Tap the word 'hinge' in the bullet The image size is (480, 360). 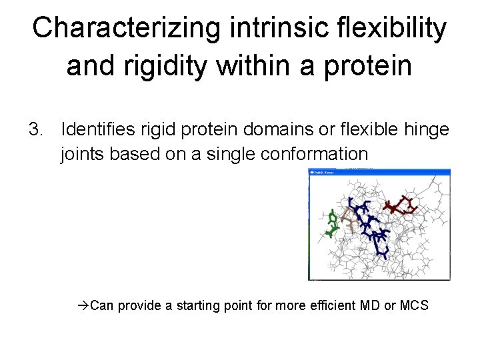click(x=427, y=128)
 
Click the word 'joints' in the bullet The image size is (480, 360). click(x=81, y=154)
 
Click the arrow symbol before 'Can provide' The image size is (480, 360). click(x=83, y=306)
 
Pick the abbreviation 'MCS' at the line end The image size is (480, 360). click(x=415, y=306)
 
